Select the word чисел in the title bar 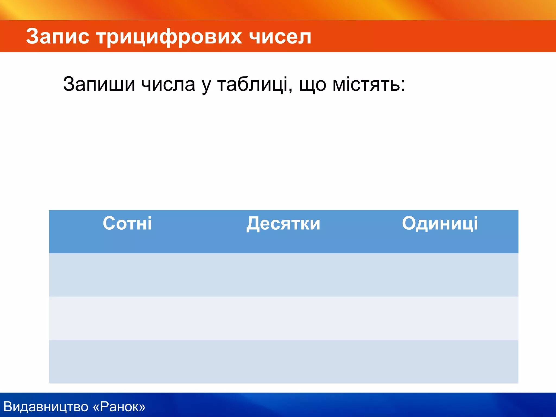pos(280,36)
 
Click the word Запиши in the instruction pos(99,84)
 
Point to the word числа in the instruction pos(168,84)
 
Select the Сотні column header pos(127,223)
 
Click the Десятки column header pos(283,224)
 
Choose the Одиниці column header pos(440,224)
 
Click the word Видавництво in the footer pos(46,407)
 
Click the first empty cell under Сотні pos(127,275)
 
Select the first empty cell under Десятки pos(283,275)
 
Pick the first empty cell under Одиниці pos(440,275)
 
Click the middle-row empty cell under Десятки pos(283,318)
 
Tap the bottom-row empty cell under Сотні pos(127,362)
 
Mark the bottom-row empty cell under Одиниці pos(440,362)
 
